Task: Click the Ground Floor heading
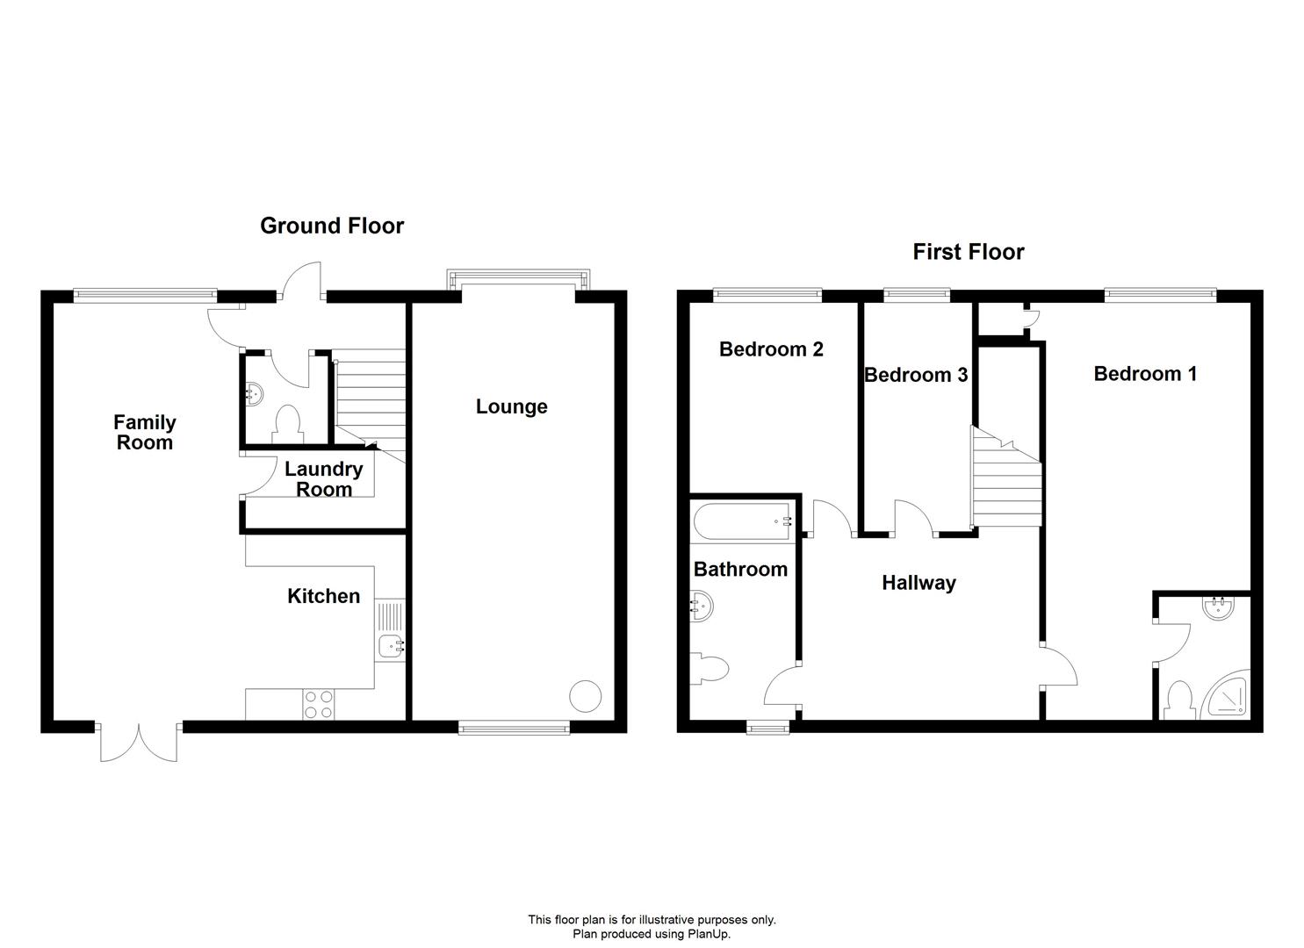tap(332, 226)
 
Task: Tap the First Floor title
tap(968, 252)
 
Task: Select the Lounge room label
tap(512, 406)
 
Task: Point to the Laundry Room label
tap(324, 479)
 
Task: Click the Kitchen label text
tap(324, 596)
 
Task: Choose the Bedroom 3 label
tap(916, 375)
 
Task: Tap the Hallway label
tap(919, 583)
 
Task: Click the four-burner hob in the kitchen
tap(319, 704)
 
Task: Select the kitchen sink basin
tap(392, 646)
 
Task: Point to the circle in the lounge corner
tap(585, 696)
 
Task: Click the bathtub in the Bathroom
tap(744, 520)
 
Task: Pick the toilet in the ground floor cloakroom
tap(287, 424)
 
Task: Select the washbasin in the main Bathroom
tap(702, 607)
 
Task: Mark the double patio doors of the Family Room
tap(139, 742)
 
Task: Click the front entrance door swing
tap(300, 282)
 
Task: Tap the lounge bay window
tap(519, 278)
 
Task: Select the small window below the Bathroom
tap(768, 727)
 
